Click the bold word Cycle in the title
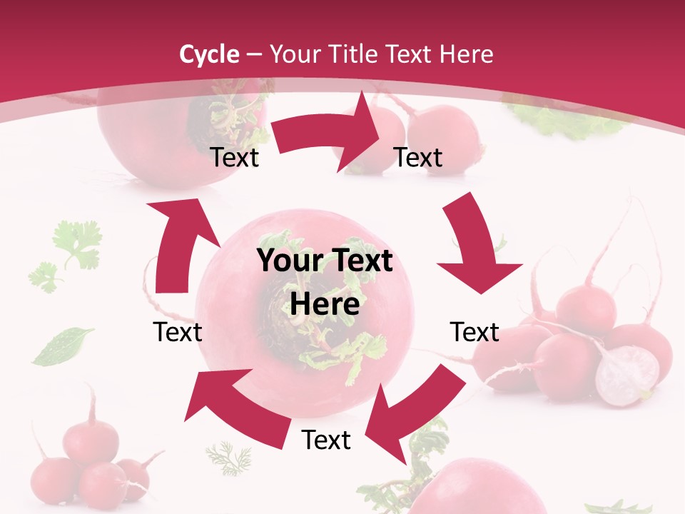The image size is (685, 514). pyautogui.click(x=209, y=54)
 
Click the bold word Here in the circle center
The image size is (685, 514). pyautogui.click(x=325, y=304)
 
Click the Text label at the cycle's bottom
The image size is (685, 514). pyautogui.click(x=326, y=440)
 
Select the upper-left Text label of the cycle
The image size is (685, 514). pyautogui.click(x=235, y=157)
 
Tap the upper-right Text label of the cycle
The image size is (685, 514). pyautogui.click(x=418, y=157)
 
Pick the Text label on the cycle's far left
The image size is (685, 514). pyautogui.click(x=178, y=332)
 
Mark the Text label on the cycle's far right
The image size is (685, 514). pyautogui.click(x=475, y=332)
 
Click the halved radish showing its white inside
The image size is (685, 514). pyautogui.click(x=627, y=376)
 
